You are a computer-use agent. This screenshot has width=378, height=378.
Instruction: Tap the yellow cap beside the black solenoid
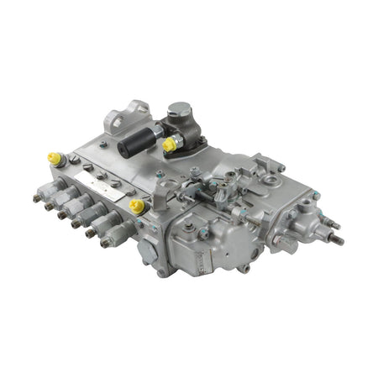(x=169, y=144)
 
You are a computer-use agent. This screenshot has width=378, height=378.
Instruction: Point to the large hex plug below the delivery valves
(x=149, y=249)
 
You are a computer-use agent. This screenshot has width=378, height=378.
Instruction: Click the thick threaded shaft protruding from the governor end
(x=335, y=239)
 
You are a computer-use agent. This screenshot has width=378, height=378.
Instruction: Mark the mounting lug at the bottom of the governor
(x=244, y=268)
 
